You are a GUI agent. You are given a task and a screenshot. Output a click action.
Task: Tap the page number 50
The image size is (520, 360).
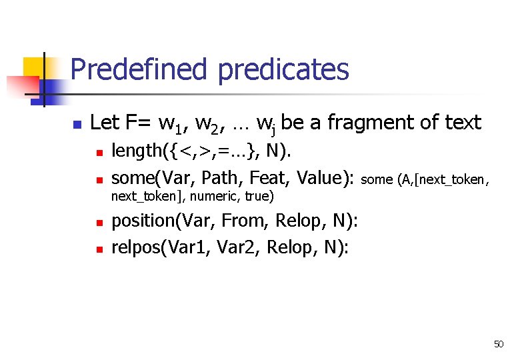(499, 344)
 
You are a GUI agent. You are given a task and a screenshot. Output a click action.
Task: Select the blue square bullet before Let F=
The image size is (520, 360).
(77, 124)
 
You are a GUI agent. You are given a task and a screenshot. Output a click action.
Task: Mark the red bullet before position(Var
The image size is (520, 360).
(99, 223)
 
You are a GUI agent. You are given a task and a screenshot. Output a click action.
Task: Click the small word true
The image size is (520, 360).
(259, 197)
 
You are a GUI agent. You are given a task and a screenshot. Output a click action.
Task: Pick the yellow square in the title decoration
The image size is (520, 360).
(34, 68)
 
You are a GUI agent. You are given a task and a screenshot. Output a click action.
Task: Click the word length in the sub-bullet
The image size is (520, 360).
(136, 151)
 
